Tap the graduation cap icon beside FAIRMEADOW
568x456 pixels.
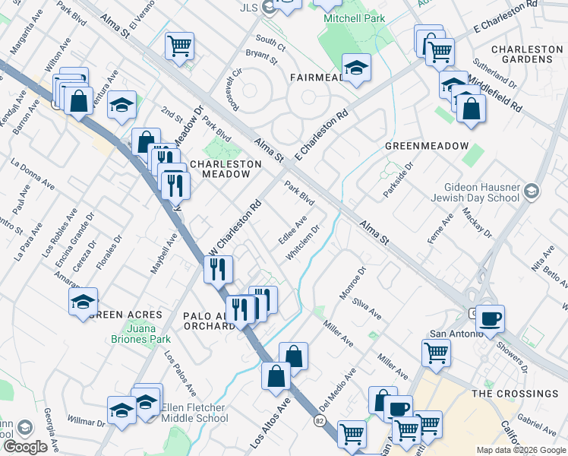tap(356, 68)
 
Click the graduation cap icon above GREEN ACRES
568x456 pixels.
tap(83, 302)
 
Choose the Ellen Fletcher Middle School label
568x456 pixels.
tap(194, 413)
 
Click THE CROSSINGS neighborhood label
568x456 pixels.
tap(514, 394)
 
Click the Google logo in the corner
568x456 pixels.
tap(25, 447)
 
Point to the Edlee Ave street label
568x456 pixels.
tap(292, 230)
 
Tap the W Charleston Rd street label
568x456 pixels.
tap(235, 226)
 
